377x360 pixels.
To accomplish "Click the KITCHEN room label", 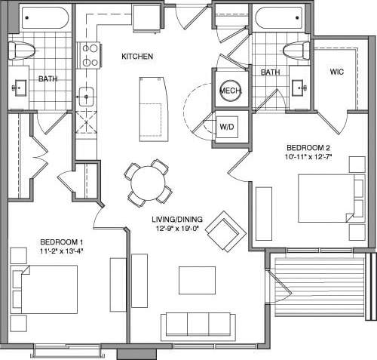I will point(137,57).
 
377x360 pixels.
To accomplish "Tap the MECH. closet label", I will point(228,91).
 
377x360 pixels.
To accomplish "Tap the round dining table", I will point(149,183).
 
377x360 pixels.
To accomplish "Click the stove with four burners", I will point(89,55).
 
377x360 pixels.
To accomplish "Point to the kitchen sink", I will point(87,97).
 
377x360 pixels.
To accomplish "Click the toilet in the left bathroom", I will point(22,50).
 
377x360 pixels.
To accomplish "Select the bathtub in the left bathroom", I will point(44,18).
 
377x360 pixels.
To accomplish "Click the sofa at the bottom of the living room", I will point(198,326).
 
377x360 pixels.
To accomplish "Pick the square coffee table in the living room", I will point(197,280).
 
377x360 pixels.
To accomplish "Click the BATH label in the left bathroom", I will point(48,78).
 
